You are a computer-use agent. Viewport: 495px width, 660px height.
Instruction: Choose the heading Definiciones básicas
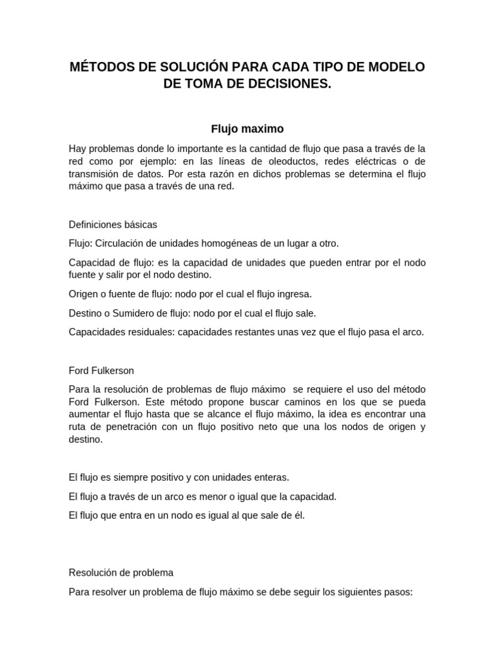click(113, 225)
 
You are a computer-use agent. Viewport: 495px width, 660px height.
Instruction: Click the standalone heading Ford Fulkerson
click(101, 371)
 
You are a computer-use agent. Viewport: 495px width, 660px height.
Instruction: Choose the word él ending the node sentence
click(299, 515)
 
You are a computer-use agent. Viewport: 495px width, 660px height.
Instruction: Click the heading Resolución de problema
click(121, 572)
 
